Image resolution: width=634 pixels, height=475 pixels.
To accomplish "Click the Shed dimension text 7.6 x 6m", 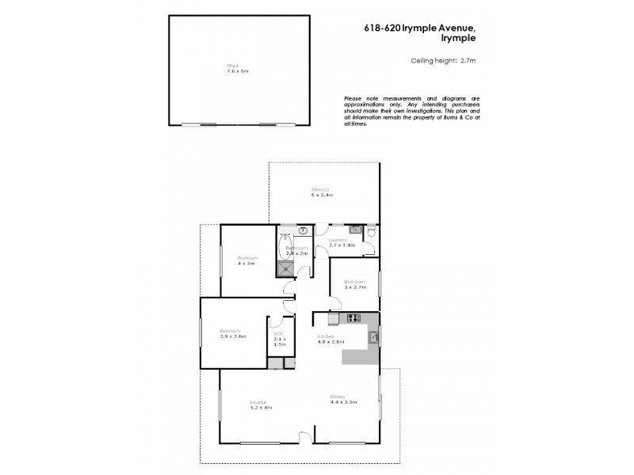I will pyautogui.click(x=233, y=71).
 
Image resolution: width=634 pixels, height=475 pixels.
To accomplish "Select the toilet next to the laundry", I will pyautogui.click(x=357, y=230).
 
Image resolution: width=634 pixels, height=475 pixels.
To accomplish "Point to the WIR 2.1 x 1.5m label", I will pyautogui.click(x=278, y=340).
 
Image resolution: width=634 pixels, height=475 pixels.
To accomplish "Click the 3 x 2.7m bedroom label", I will pyautogui.click(x=353, y=286).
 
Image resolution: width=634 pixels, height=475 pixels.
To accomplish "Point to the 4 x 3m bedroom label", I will pyautogui.click(x=247, y=260).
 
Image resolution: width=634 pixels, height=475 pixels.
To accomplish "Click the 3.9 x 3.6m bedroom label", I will pyautogui.click(x=233, y=333).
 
